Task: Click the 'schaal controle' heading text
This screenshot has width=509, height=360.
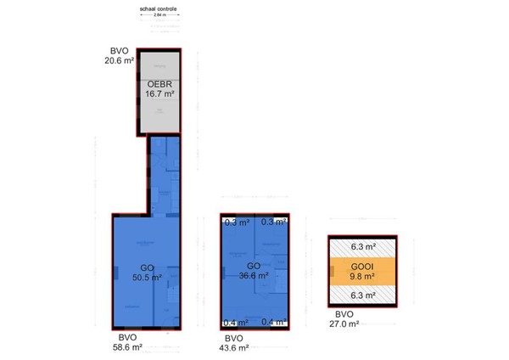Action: [x=159, y=8]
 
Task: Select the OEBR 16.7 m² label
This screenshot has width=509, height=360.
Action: [x=160, y=90]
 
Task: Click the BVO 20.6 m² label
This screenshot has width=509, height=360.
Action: [x=119, y=56]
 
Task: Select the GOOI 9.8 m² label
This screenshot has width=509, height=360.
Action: [x=362, y=271]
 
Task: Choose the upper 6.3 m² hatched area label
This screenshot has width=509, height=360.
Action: [x=362, y=247]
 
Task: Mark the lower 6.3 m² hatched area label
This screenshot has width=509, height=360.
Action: [x=362, y=296]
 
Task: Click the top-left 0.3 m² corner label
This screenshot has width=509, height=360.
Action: [x=237, y=223]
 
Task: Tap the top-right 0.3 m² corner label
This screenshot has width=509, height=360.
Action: [x=273, y=223]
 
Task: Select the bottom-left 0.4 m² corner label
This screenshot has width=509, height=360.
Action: [x=237, y=323]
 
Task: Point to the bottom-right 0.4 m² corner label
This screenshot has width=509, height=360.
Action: [x=273, y=323]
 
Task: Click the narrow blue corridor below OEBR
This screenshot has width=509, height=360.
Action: [x=163, y=174]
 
